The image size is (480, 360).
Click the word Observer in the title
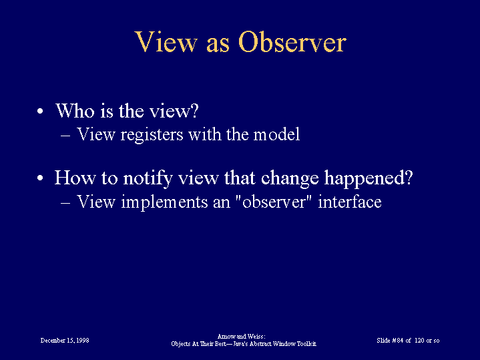coord(292,42)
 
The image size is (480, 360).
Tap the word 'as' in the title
coord(218,45)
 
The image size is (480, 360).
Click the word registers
coord(152,135)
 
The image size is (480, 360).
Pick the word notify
coord(148,178)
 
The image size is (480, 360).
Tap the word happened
coord(369,178)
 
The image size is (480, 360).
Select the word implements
coord(164,202)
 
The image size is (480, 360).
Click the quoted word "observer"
coord(274,202)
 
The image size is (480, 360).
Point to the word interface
coord(350,202)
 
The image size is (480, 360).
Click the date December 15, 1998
coord(65,341)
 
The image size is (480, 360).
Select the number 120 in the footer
coord(419,341)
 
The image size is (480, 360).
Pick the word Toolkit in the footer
coord(306,344)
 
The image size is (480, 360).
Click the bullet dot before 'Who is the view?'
coord(40,112)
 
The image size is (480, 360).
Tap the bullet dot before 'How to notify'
coord(40,178)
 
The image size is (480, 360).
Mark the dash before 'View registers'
coord(65,136)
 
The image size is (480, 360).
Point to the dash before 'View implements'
coord(65,203)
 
